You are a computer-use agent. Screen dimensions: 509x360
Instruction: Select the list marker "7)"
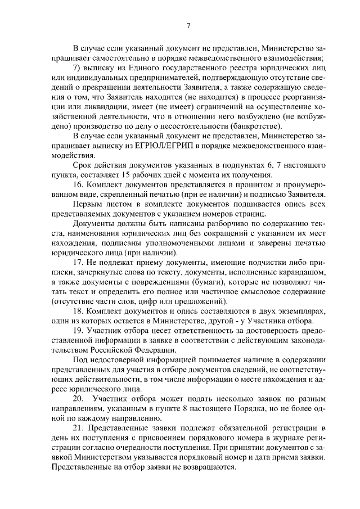coord(78,67)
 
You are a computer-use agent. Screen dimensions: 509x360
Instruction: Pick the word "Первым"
coord(87,205)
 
